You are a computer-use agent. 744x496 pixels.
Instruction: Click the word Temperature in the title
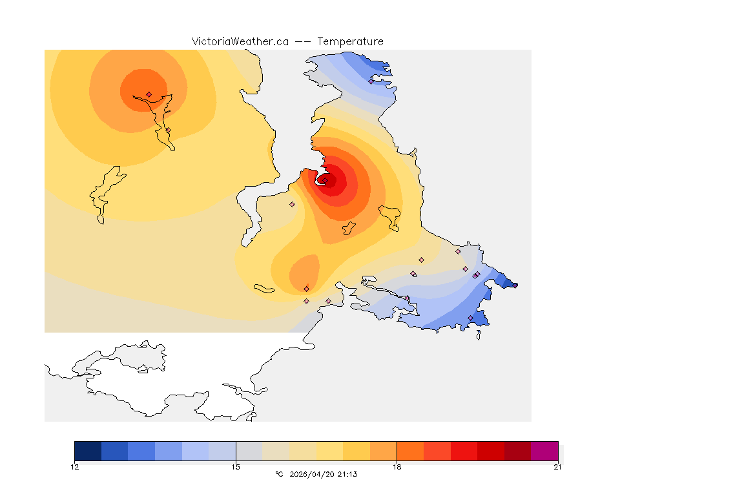click(x=350, y=41)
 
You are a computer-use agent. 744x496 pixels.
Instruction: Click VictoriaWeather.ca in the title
click(x=240, y=41)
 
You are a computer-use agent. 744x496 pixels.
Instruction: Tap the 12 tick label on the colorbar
click(x=75, y=467)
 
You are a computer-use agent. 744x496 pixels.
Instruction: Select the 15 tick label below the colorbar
click(x=236, y=467)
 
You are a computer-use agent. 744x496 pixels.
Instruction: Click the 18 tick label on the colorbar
click(x=397, y=467)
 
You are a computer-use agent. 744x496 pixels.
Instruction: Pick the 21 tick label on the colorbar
click(x=557, y=467)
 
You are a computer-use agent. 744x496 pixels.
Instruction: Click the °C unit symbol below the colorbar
click(x=279, y=474)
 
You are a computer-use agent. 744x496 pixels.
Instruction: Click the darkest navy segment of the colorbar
click(x=88, y=451)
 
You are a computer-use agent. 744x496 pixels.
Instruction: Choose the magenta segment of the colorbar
click(x=544, y=451)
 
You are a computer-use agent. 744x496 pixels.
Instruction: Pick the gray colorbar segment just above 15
click(x=249, y=451)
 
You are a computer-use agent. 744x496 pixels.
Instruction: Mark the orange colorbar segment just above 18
click(x=410, y=451)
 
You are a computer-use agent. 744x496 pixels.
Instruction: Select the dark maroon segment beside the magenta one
click(x=517, y=451)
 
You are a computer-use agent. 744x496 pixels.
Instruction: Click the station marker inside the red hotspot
click(x=325, y=181)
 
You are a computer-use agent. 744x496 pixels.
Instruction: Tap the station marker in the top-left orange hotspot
click(x=149, y=94)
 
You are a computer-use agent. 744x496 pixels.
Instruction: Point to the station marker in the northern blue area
click(x=371, y=81)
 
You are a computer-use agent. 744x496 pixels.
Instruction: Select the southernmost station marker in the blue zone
click(x=470, y=318)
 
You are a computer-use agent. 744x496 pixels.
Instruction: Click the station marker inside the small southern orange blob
click(x=306, y=289)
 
